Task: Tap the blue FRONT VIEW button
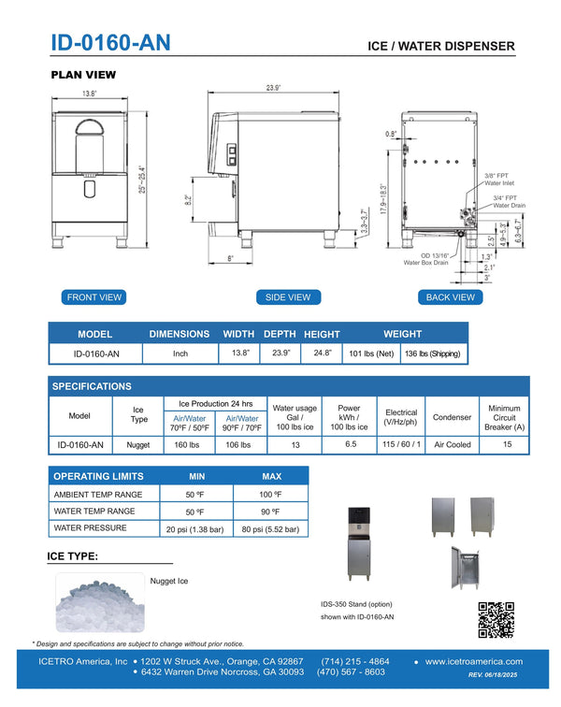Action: [x=94, y=297]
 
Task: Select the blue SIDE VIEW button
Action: [x=288, y=297]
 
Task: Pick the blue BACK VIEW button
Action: [x=451, y=297]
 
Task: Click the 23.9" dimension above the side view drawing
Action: [x=272, y=88]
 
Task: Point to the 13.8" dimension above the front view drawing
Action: [x=90, y=94]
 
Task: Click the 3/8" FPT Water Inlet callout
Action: [x=502, y=179]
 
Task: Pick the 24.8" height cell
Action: [x=322, y=353]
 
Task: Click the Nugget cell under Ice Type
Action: [x=139, y=445]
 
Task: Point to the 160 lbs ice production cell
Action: [x=189, y=445]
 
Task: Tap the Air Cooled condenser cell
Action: [x=453, y=445]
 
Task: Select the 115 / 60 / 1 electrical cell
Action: [x=402, y=445]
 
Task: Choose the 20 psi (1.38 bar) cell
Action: [x=195, y=529]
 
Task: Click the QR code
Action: [x=496, y=619]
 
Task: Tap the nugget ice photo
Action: [x=99, y=603]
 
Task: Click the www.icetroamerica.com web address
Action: [x=473, y=662]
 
